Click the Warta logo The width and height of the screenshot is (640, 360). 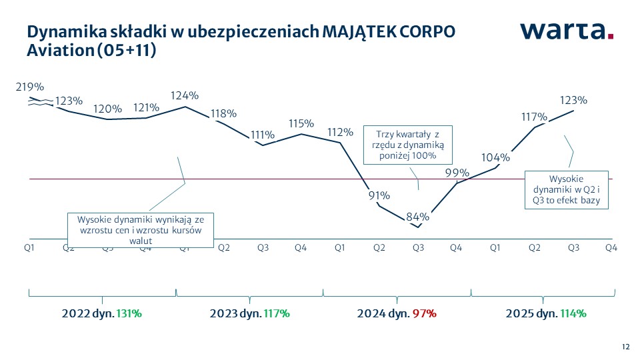point(567,31)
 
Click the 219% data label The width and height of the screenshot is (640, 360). point(31,87)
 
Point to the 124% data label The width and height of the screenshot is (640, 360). point(185,95)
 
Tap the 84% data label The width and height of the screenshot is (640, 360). point(418,216)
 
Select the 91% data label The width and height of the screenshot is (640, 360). point(379,195)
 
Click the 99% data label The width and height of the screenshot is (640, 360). point(457,173)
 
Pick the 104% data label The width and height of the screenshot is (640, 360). point(495,158)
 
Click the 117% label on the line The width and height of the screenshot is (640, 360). point(534,117)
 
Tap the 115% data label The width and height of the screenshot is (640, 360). point(301,123)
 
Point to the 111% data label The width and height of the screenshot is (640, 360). point(263,135)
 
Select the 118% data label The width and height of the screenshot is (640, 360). point(223,113)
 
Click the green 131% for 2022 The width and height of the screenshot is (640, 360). point(129,313)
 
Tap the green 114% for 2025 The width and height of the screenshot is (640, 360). point(573,313)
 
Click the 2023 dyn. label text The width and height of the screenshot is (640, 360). point(235,313)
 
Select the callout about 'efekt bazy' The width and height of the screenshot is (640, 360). point(566,189)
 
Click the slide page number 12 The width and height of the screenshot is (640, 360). point(625,347)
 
